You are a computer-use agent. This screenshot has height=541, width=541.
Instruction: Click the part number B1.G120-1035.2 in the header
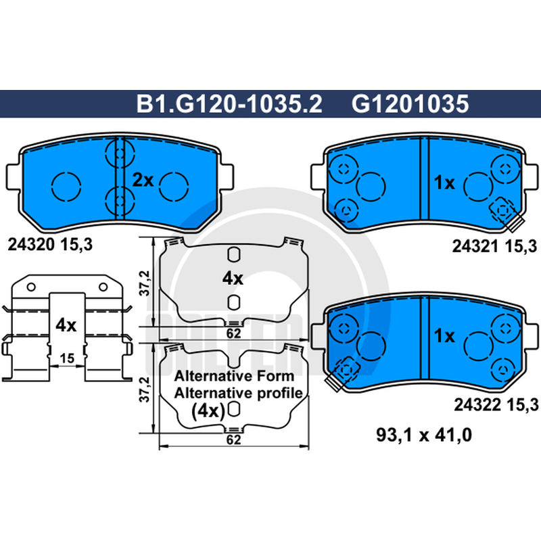click(229, 103)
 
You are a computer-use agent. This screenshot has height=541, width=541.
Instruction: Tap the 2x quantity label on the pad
click(143, 180)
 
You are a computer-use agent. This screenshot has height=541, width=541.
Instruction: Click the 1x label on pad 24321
click(444, 182)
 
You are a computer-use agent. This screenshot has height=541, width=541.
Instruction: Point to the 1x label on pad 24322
click(444, 335)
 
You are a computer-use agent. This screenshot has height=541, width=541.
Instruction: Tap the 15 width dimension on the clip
click(66, 358)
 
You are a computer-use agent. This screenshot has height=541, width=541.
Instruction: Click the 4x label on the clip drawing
click(66, 325)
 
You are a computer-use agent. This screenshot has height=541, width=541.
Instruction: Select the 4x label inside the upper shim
click(232, 277)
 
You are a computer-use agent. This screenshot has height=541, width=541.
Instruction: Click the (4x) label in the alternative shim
click(208, 410)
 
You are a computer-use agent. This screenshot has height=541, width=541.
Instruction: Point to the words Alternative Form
click(233, 376)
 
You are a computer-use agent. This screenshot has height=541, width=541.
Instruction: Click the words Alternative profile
click(237, 392)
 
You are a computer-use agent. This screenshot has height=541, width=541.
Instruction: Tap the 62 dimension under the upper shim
click(233, 333)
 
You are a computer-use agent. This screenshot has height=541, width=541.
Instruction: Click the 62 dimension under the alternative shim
click(233, 440)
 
